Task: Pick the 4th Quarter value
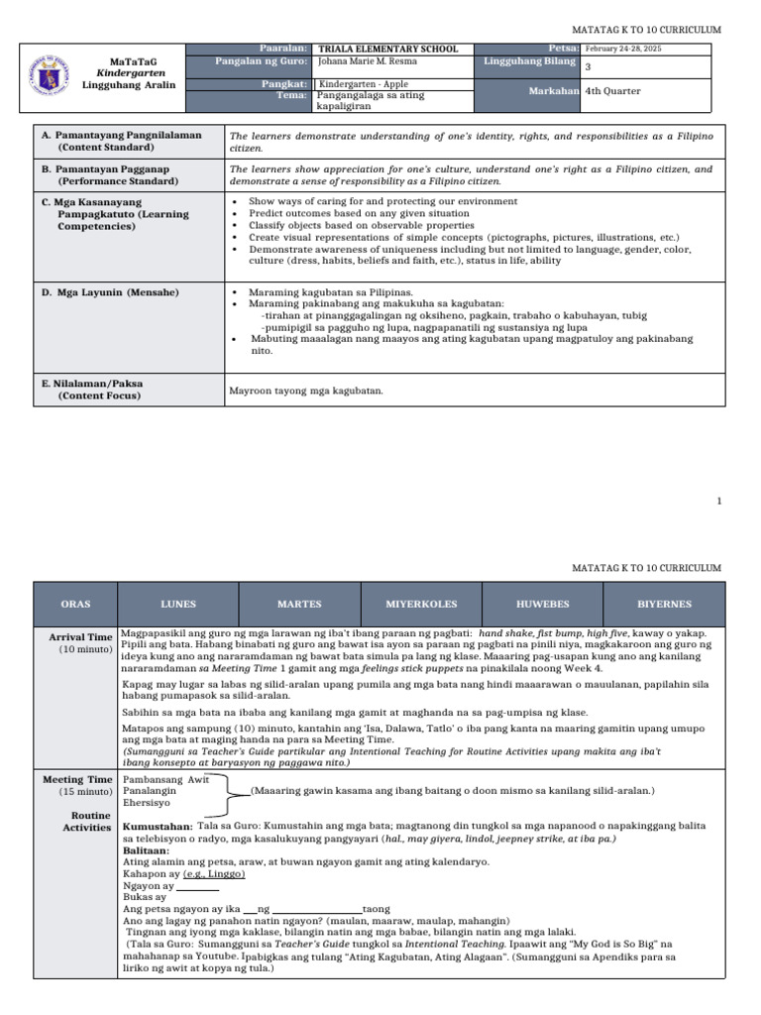pos(613,91)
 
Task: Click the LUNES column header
pos(178,604)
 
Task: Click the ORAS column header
pos(75,604)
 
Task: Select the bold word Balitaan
pos(146,850)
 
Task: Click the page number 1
pos(720,503)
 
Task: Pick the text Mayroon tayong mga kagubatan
pos(306,391)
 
